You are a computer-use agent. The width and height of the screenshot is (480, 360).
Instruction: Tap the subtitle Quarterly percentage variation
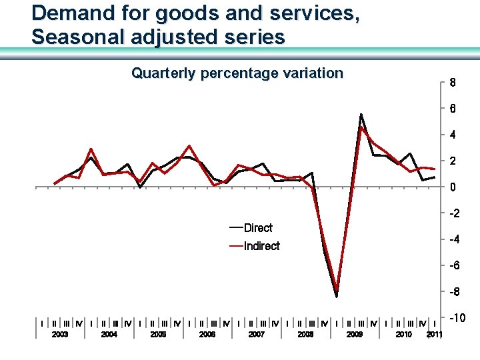237,73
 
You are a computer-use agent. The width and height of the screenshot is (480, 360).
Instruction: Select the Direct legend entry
258,228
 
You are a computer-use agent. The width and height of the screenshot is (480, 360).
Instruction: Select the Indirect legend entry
261,246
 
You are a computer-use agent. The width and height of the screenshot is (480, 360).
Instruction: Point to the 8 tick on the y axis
453,84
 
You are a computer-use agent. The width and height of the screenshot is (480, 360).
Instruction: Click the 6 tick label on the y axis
453,109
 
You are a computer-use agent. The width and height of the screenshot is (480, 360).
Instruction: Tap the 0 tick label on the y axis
453,188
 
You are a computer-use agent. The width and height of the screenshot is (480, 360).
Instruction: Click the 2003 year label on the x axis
60,335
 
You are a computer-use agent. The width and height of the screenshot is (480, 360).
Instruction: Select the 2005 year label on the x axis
158,335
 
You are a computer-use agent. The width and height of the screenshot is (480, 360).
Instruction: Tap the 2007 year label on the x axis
256,335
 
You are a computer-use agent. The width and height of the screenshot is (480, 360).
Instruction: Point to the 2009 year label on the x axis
354,335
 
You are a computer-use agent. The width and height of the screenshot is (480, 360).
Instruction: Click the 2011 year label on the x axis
434,335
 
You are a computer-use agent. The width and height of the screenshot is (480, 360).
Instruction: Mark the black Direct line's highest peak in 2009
361,114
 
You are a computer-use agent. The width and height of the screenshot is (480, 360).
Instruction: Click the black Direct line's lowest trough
337,297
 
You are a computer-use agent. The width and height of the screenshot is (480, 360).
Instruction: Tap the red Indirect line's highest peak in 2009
361,127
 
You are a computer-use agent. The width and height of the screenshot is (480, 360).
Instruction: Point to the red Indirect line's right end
435,169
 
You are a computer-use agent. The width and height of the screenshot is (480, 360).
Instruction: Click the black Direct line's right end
435,177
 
